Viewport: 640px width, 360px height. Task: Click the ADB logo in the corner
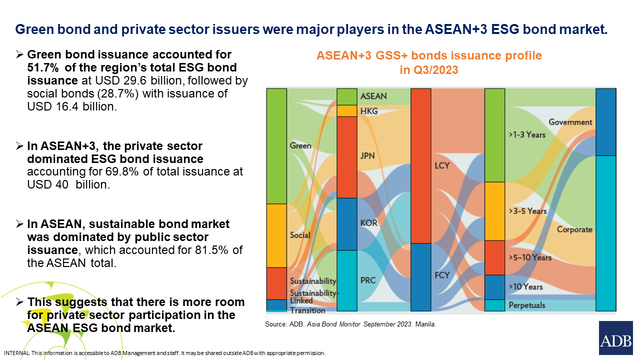[615, 338]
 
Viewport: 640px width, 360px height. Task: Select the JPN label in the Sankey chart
[367, 156]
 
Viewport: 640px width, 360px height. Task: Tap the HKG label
[369, 111]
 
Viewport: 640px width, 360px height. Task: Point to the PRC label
[368, 280]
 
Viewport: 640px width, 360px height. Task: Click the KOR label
[369, 223]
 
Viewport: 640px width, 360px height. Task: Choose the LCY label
[442, 165]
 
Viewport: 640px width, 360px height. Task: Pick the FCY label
[442, 275]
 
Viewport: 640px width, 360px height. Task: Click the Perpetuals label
[527, 305]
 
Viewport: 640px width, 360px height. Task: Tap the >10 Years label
[525, 286]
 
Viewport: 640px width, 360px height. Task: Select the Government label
[570, 122]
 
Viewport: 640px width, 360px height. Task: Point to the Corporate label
[574, 229]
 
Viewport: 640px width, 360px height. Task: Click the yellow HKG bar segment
[347, 111]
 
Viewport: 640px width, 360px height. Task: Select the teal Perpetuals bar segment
[494, 305]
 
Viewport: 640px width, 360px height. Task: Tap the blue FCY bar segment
[420, 277]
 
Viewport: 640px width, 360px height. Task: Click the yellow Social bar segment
[276, 235]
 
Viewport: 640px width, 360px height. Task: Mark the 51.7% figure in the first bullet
[43, 67]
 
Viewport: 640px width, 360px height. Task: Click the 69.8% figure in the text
[122, 171]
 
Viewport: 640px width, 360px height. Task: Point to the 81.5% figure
[211, 250]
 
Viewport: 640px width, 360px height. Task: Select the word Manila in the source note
[425, 324]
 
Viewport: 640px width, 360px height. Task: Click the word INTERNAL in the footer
[16, 353]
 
